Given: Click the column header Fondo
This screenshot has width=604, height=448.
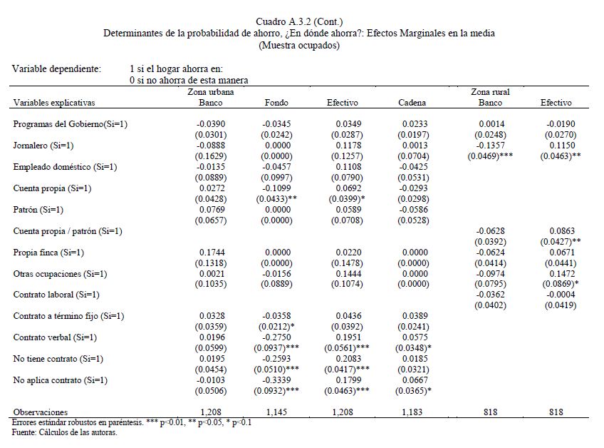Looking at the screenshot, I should point(276,103).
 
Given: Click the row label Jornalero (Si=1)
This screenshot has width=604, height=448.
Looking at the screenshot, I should point(43,146).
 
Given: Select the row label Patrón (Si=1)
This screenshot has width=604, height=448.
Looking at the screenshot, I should point(38,210).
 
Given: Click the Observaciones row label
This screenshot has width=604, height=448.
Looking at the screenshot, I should point(41,412).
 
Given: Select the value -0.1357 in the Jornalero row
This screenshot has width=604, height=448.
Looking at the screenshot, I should point(491,146).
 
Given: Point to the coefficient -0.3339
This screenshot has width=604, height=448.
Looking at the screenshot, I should point(276,380).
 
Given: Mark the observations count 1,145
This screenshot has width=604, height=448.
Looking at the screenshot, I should point(276,412).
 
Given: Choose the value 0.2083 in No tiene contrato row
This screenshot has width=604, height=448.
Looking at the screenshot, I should point(342,359).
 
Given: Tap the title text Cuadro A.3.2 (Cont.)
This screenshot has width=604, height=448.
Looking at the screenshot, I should point(298,22).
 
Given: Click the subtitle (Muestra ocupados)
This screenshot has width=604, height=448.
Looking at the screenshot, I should point(298,45).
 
